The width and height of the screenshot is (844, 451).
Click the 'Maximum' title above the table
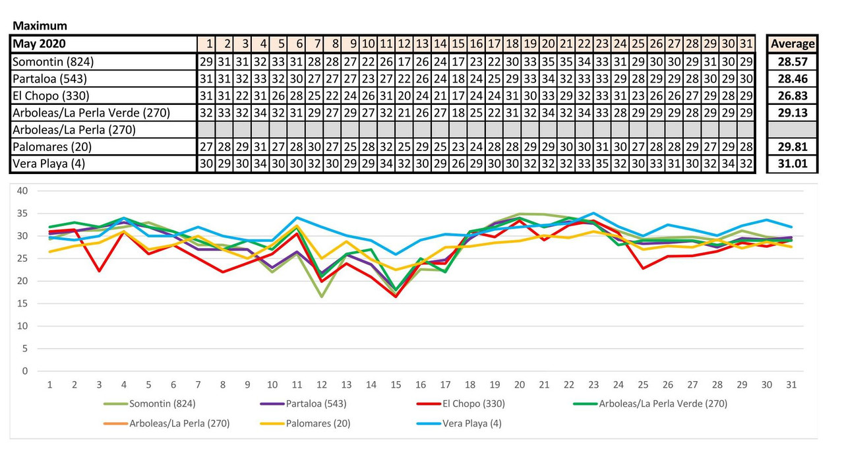(x=40, y=26)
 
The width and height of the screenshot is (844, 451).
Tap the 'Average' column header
(x=793, y=44)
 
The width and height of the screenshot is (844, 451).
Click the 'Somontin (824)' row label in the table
(x=53, y=61)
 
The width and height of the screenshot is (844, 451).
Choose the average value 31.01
(x=793, y=164)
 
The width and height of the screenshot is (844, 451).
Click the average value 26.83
(x=793, y=96)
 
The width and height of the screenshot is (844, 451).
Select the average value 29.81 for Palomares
(x=793, y=147)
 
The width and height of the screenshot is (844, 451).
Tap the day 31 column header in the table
(x=746, y=44)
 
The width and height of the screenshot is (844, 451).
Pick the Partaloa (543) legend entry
(x=310, y=404)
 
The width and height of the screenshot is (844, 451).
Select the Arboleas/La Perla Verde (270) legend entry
(x=659, y=404)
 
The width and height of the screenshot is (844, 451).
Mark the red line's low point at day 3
(x=99, y=271)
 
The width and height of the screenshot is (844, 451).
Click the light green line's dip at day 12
(x=322, y=297)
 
